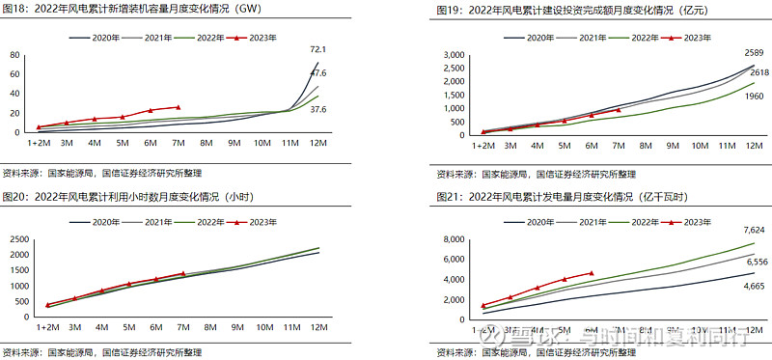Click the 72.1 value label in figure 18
click(317, 49)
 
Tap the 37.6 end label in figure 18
click(317, 109)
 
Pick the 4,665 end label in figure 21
click(755, 287)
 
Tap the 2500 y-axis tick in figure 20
click(18, 238)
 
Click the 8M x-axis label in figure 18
click(206, 143)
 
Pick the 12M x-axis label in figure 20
click(316, 326)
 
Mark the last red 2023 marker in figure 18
click(178, 107)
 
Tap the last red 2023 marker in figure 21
click(592, 273)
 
